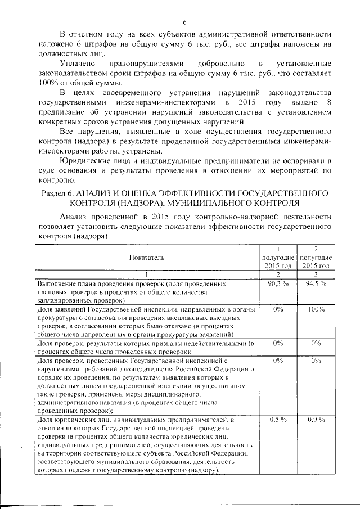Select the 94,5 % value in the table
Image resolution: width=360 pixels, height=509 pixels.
coord(316,283)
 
